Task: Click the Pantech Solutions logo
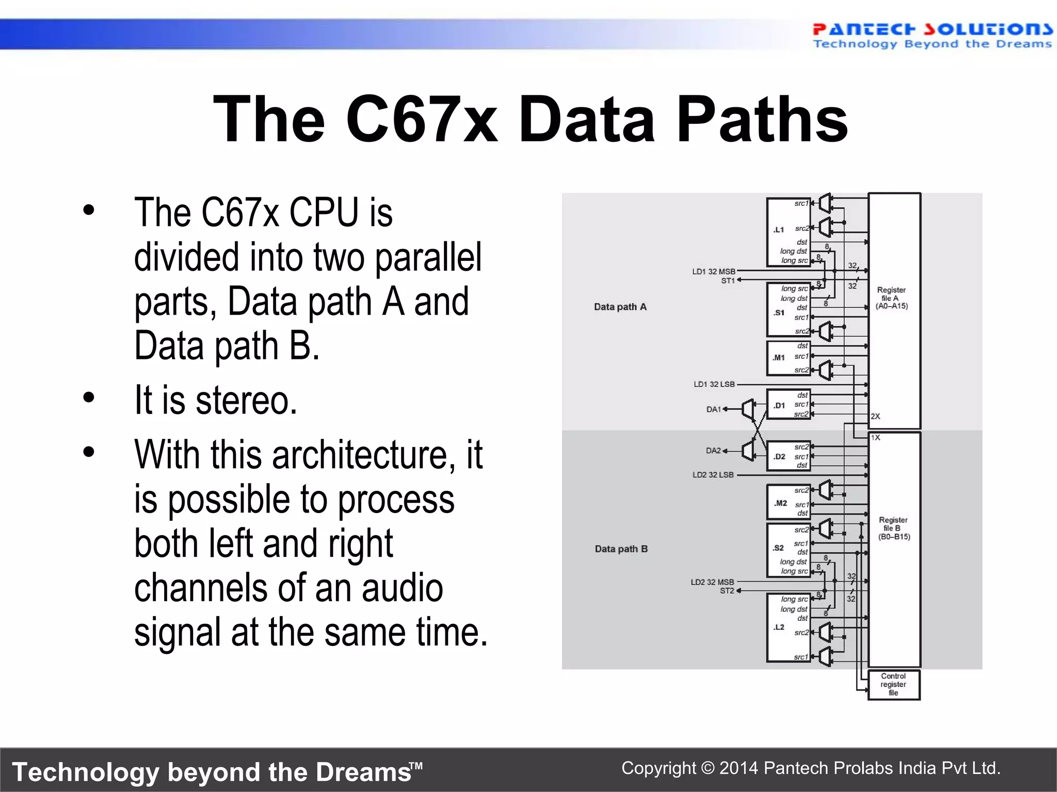coord(932,35)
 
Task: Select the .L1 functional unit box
coord(788,232)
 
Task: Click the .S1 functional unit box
coord(788,310)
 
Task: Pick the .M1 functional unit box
coord(788,358)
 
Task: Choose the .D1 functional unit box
coord(788,404)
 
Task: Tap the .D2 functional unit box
coord(788,456)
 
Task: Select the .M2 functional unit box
coord(788,502)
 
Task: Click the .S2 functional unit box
coord(788,550)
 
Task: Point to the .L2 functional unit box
coord(788,628)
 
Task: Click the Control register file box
coord(893,684)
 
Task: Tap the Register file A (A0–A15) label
coord(891,298)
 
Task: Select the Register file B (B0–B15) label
coord(894,528)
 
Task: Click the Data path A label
coord(620,307)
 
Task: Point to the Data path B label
coord(621,549)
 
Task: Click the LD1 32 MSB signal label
coord(713,271)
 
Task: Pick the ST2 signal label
coord(727,590)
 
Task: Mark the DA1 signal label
coord(713,409)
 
